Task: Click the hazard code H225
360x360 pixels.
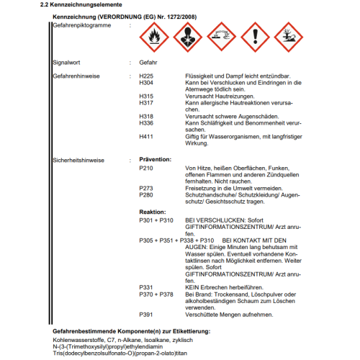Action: (x=146, y=75)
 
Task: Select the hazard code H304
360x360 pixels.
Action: (x=146, y=82)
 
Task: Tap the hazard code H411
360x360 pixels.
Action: (x=146, y=136)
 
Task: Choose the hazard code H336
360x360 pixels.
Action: (x=146, y=122)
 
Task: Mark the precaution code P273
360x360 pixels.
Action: (x=146, y=188)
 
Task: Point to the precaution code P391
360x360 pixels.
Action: (x=146, y=314)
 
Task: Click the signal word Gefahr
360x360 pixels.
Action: (x=148, y=63)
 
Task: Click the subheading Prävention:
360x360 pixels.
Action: (x=155, y=158)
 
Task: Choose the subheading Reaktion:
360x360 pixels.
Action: (x=153, y=212)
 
